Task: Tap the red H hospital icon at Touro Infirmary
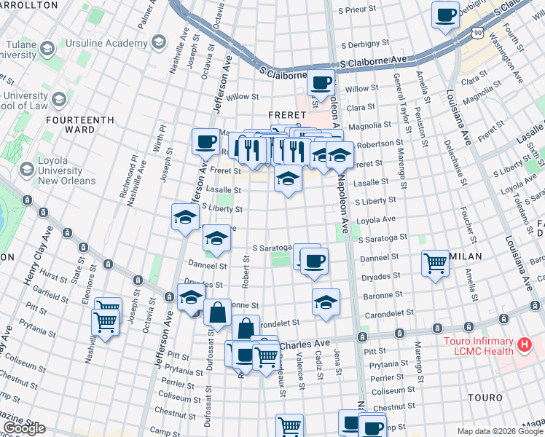(x=522, y=343)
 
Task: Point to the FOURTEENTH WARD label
(x=80, y=125)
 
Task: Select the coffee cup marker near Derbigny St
(x=445, y=14)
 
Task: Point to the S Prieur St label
(x=361, y=11)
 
